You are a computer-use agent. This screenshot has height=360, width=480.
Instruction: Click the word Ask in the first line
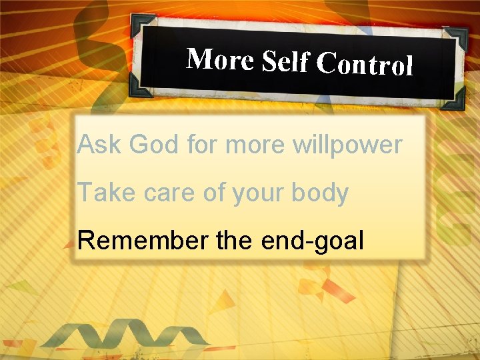[x=100, y=144]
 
